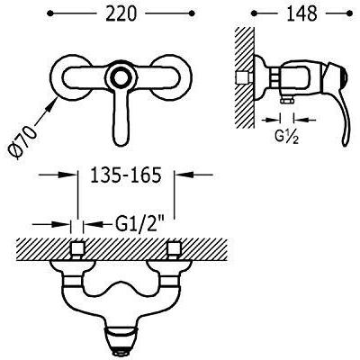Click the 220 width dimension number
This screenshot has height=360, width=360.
(x=121, y=13)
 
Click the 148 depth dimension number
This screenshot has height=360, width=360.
(x=301, y=13)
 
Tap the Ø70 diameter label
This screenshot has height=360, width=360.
(x=22, y=142)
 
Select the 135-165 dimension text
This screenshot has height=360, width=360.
(x=126, y=175)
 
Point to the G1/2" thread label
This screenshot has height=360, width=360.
(x=141, y=224)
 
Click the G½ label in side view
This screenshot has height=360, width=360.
(x=286, y=137)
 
